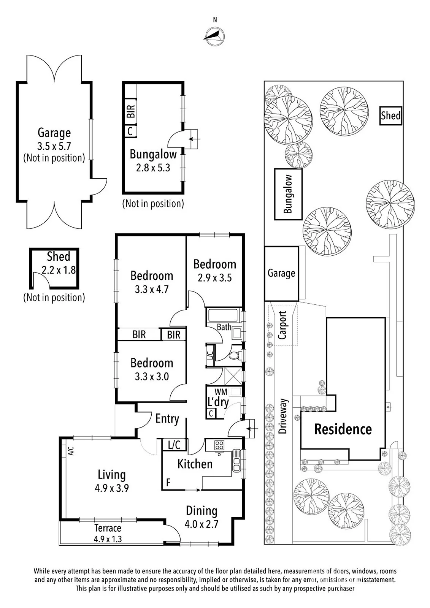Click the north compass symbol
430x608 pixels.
pos(214,36)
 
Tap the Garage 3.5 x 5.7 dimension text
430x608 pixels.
pos(54,146)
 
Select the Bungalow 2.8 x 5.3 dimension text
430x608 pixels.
pos(153,168)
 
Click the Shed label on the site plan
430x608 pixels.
pos(390,116)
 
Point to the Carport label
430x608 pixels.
pos(282,325)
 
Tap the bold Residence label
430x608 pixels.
pos(343,429)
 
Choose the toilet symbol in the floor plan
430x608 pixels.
pos(234,355)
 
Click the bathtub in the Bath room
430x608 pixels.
pos(223,315)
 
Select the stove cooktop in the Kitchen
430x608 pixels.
pos(219,445)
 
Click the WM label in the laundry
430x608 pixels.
pos(221,392)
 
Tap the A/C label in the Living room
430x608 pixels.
pos(71,451)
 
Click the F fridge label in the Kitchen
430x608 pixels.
pos(168,482)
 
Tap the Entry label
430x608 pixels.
pos(167,419)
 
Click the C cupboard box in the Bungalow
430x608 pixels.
pos(130,131)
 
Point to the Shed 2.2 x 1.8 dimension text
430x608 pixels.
pos(59,270)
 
